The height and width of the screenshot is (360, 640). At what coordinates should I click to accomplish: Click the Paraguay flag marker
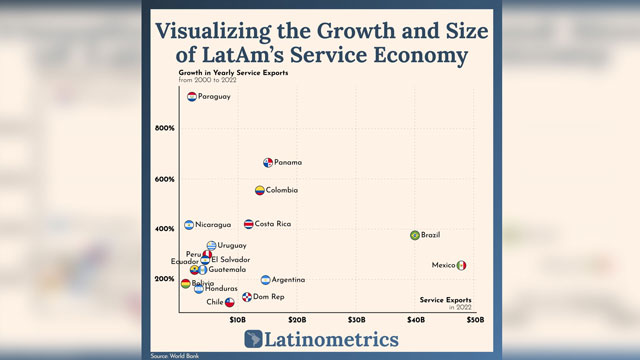pyautogui.click(x=192, y=97)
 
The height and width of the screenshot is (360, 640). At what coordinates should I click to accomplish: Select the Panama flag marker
pyautogui.click(x=268, y=163)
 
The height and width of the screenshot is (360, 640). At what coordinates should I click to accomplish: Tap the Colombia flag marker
pyautogui.click(x=259, y=190)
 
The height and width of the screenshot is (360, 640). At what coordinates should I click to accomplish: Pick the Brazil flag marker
pyautogui.click(x=415, y=235)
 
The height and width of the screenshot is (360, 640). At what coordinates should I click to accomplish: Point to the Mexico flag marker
pyautogui.click(x=461, y=265)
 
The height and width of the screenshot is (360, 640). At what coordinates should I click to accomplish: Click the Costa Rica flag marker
pyautogui.click(x=249, y=224)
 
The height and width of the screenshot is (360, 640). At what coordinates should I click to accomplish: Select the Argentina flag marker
pyautogui.click(x=265, y=281)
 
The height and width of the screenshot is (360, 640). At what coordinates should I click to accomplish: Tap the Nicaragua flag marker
pyautogui.click(x=189, y=225)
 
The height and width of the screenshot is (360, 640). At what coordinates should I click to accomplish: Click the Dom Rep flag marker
pyautogui.click(x=247, y=297)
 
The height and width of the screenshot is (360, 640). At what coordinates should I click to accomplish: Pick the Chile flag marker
pyautogui.click(x=230, y=302)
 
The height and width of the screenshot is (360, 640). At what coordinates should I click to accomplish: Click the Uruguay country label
pyautogui.click(x=232, y=246)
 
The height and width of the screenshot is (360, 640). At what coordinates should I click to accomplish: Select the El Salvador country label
pyautogui.click(x=230, y=260)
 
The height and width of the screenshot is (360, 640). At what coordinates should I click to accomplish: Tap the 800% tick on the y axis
pyautogui.click(x=165, y=128)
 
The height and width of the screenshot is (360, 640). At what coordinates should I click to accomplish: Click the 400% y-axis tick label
pyautogui.click(x=165, y=229)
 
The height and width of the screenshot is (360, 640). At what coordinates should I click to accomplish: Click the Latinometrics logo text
pyautogui.click(x=331, y=340)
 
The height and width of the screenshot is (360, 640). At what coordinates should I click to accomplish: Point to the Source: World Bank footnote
pyautogui.click(x=173, y=356)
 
